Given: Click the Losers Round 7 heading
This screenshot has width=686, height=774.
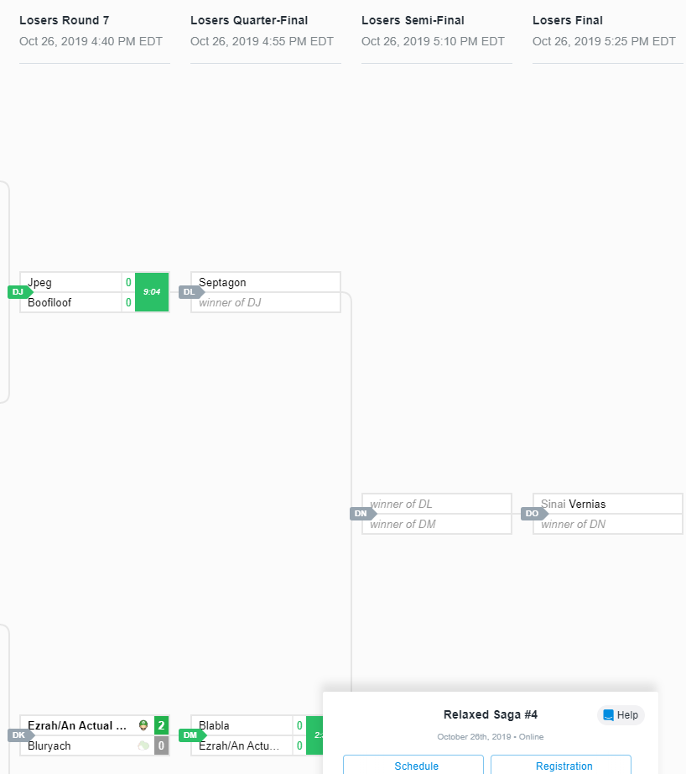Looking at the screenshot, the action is click(64, 20).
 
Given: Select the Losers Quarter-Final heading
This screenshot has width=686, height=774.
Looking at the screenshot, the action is click(249, 20).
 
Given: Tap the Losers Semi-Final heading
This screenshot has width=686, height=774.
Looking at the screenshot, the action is click(413, 20).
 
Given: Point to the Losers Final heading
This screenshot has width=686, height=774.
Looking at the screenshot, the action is click(567, 20).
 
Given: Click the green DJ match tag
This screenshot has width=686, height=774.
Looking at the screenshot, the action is click(18, 292).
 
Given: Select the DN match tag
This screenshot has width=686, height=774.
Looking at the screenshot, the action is click(361, 514).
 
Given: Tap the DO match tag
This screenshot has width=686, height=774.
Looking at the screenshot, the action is click(533, 514).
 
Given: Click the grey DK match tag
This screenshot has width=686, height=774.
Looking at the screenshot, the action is click(18, 735).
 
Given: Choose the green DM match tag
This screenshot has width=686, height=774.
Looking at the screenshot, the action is click(190, 735).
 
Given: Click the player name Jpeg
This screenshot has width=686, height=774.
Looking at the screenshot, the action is click(40, 283).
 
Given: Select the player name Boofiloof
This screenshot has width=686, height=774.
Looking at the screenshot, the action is click(49, 302).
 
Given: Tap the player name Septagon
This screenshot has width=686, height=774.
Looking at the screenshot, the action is click(222, 283).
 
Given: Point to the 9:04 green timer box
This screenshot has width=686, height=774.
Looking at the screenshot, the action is click(152, 292).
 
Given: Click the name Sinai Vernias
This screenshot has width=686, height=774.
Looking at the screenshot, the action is click(573, 505).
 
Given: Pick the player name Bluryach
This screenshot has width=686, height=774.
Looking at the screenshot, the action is click(49, 745).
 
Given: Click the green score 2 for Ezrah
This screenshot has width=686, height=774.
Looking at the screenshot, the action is click(161, 725).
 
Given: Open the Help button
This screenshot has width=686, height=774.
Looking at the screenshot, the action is click(621, 715).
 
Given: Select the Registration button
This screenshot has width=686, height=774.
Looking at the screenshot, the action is click(564, 766).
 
